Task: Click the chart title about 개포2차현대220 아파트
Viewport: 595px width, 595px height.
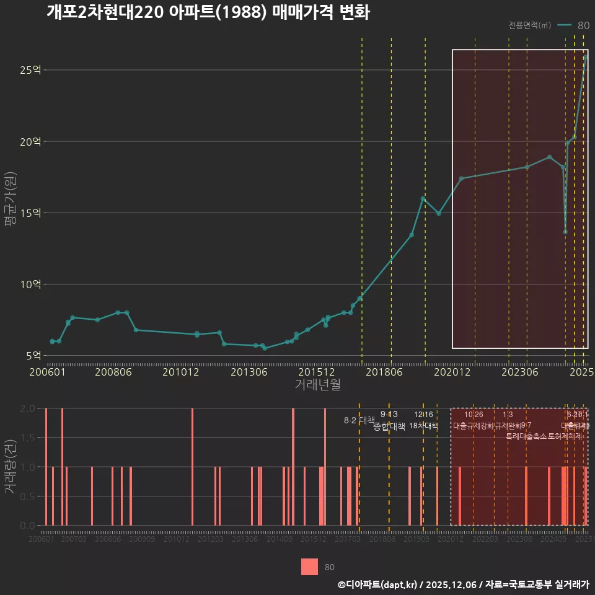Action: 208,12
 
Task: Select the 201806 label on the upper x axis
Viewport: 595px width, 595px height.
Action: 383,372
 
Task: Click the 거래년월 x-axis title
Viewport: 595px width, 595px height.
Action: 317,385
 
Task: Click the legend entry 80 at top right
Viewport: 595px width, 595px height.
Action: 583,25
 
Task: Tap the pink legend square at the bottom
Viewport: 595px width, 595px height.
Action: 309,567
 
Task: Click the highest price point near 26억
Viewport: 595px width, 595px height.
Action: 586,57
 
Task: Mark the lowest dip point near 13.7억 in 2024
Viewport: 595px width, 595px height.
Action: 565,232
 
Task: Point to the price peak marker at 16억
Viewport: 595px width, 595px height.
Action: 423,198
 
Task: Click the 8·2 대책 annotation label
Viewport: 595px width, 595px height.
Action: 355,420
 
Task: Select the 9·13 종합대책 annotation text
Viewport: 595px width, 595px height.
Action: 389,421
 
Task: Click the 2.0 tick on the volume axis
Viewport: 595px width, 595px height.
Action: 28,408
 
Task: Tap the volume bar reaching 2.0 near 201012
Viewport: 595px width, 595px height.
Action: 193,467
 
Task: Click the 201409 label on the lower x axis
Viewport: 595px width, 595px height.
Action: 280,540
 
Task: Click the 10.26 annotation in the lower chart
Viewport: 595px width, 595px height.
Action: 474,415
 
